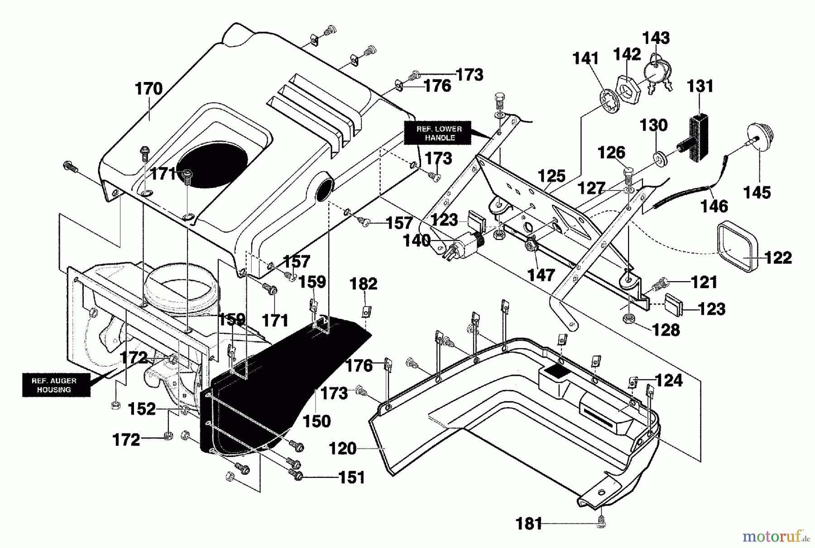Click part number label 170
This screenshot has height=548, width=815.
tap(149, 89)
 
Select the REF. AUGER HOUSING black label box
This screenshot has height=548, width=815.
tap(54, 385)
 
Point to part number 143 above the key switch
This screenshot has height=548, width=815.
tap(657, 38)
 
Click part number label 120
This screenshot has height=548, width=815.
tap(343, 449)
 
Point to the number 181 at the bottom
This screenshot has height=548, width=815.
tap(529, 524)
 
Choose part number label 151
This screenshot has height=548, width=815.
tap(352, 477)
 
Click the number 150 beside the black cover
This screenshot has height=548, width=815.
tap(316, 421)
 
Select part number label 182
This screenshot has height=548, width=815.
tap(364, 284)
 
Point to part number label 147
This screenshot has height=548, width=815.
tap(542, 275)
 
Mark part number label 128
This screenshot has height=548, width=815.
tap(666, 330)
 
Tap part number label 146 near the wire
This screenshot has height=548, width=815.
tap(714, 207)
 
